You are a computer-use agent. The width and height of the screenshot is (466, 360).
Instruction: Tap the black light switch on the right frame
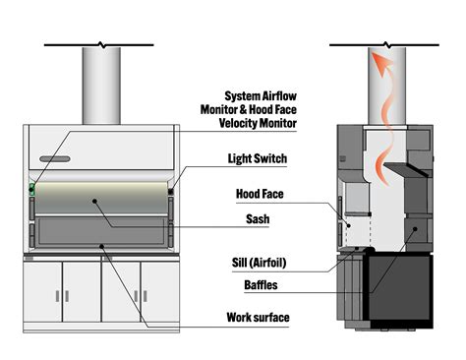(172, 193)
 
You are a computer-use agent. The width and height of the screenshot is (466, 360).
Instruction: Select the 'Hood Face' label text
(260, 194)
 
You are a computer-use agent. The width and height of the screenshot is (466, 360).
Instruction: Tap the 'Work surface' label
(260, 318)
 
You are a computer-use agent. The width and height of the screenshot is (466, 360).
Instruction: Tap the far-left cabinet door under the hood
(43, 286)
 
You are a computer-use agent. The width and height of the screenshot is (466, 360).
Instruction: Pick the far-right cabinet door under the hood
(159, 286)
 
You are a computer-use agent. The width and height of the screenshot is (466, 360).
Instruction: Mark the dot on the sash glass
(96, 202)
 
